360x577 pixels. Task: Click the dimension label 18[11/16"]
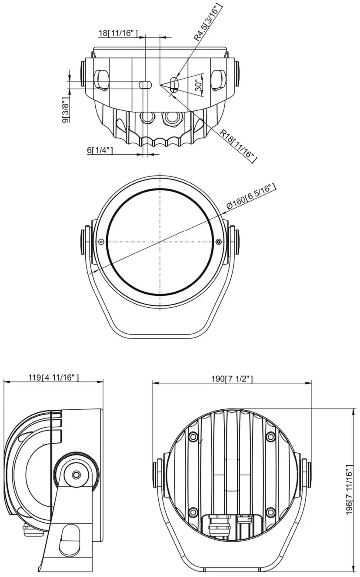click(x=118, y=33)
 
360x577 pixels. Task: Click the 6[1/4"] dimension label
click(x=100, y=150)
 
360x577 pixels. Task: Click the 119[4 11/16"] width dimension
click(x=54, y=378)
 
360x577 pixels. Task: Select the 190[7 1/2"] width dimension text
click(x=232, y=378)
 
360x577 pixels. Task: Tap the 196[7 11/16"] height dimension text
click(x=349, y=490)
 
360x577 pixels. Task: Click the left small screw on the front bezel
click(x=101, y=242)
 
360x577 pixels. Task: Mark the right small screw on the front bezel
click(x=219, y=242)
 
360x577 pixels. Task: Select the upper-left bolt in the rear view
click(x=193, y=436)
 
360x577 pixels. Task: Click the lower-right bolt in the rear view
click(x=270, y=512)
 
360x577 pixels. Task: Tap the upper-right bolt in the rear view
click(x=270, y=436)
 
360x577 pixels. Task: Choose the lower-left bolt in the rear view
click(x=193, y=512)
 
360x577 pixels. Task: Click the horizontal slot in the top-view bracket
click(x=145, y=84)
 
